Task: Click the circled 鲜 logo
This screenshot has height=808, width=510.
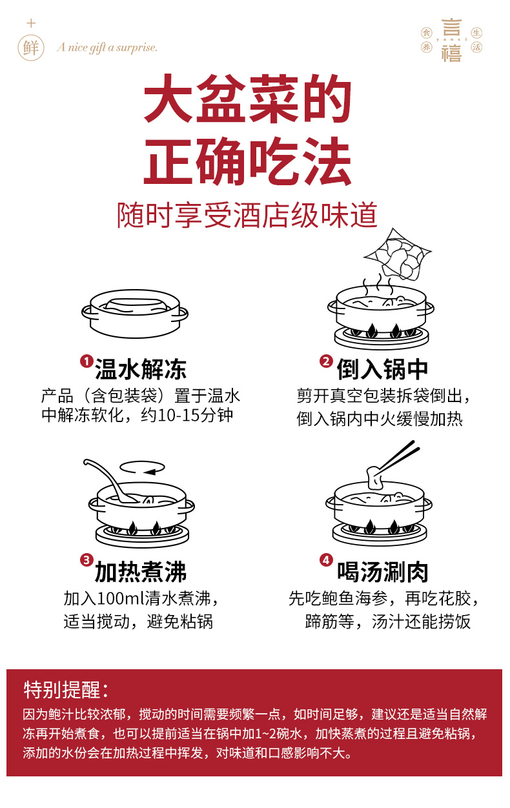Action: pyautogui.click(x=31, y=48)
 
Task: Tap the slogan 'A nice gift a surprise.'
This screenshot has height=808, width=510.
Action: pyautogui.click(x=107, y=48)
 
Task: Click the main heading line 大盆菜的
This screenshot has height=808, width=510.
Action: pyautogui.click(x=247, y=101)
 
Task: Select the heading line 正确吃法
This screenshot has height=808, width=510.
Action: pyautogui.click(x=247, y=162)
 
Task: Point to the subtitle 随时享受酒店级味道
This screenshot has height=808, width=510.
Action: pyautogui.click(x=247, y=215)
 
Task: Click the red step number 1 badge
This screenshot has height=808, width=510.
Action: pyautogui.click(x=86, y=361)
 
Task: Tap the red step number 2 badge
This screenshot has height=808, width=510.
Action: pyautogui.click(x=326, y=361)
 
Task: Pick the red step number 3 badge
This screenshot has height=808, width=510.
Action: pyautogui.click(x=86, y=560)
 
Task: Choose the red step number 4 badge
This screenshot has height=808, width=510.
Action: pyautogui.click(x=326, y=560)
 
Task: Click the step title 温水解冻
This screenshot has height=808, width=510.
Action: pyautogui.click(x=141, y=370)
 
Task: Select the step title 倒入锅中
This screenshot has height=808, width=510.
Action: pyautogui.click(x=382, y=370)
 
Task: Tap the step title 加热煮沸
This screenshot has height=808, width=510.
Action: pyautogui.click(x=141, y=572)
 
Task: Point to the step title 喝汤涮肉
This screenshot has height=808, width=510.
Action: pyautogui.click(x=382, y=572)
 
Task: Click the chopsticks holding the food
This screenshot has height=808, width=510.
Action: pyautogui.click(x=397, y=457)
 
